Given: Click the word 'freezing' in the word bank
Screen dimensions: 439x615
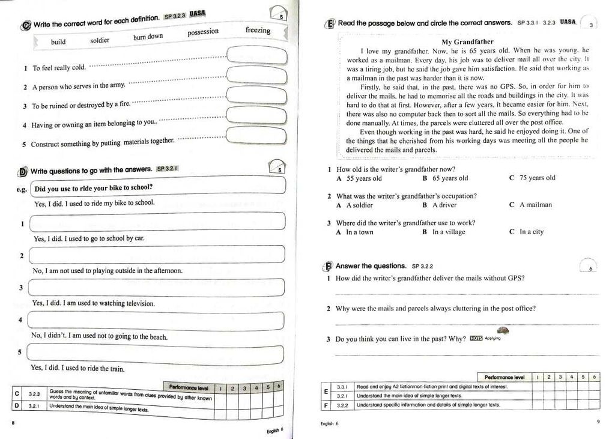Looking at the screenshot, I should [x=258, y=30].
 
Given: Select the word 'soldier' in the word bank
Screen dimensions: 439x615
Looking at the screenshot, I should [x=100, y=40].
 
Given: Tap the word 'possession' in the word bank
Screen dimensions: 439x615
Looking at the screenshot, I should [x=203, y=32].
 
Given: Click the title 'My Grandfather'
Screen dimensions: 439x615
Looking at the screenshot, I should [x=467, y=41].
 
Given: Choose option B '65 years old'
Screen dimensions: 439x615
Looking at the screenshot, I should [x=445, y=178].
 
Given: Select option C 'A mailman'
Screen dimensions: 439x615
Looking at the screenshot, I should [x=530, y=205].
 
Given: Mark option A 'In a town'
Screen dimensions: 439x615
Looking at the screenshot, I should [x=355, y=232].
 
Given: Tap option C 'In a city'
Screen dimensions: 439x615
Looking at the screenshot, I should [x=527, y=232].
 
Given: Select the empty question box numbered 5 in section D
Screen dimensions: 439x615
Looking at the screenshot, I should [x=155, y=353].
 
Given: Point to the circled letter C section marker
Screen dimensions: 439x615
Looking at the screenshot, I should [x=26, y=25].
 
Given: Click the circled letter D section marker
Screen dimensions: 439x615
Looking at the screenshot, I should [x=23, y=172].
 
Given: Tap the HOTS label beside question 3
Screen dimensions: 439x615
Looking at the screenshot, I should [x=476, y=338].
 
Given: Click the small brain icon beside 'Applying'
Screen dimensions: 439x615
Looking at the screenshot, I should [x=504, y=331].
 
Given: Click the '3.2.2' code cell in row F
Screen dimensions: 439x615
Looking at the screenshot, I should [x=343, y=405].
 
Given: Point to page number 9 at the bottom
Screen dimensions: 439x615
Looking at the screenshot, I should [x=598, y=422].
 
